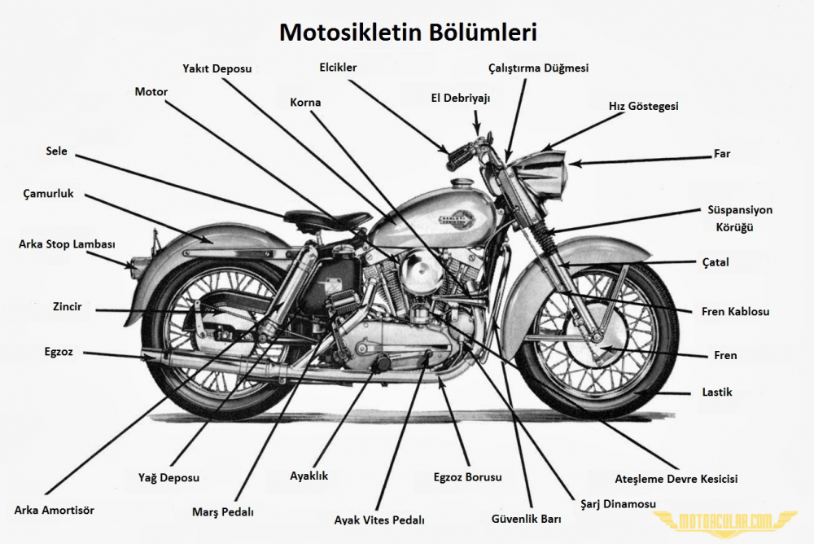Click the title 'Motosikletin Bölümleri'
tap(408, 33)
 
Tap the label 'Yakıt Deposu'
tap(217, 68)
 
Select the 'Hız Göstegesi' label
tap(643, 106)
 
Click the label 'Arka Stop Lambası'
tap(67, 244)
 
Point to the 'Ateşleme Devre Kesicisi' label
tap(676, 479)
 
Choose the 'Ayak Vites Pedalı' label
tap(379, 520)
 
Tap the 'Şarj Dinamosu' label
tap(618, 503)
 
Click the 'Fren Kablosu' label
tap(735, 312)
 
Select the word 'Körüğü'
tap(734, 227)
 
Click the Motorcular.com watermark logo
tap(725, 520)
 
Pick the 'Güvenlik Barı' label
tap(527, 519)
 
